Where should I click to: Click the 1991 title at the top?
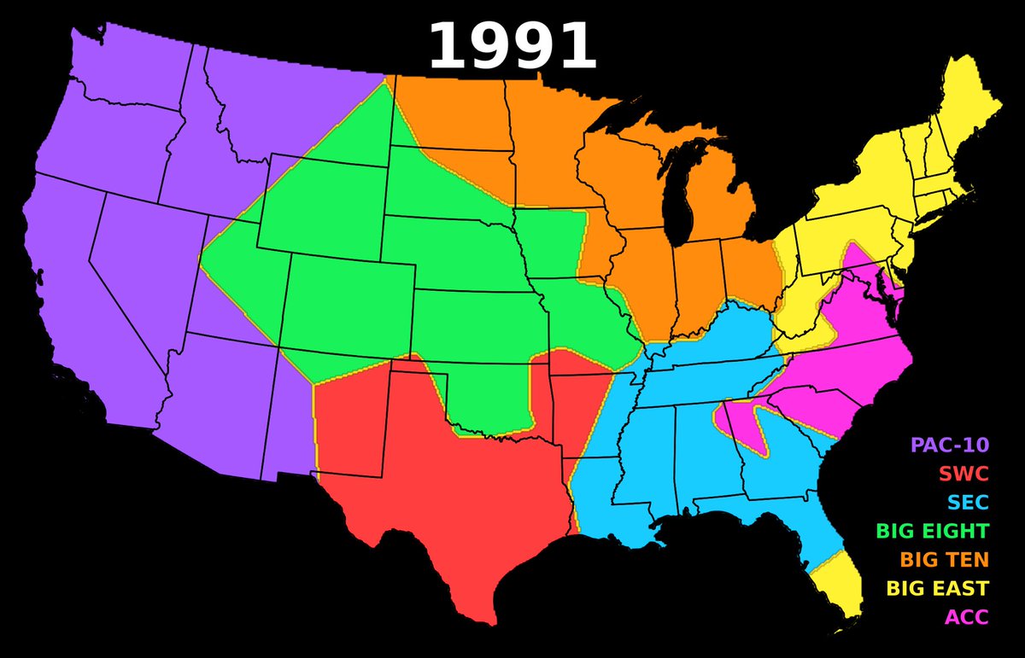[512, 47]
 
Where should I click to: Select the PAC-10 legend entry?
[949, 445]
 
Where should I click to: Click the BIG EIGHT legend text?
[932, 531]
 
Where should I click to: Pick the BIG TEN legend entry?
[945, 560]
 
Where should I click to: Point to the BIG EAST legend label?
[937, 588]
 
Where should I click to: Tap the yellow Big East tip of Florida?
[841, 589]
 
